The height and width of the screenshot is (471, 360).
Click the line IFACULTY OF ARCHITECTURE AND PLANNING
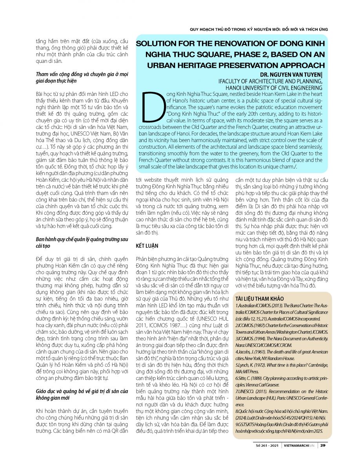(x=270, y=81)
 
